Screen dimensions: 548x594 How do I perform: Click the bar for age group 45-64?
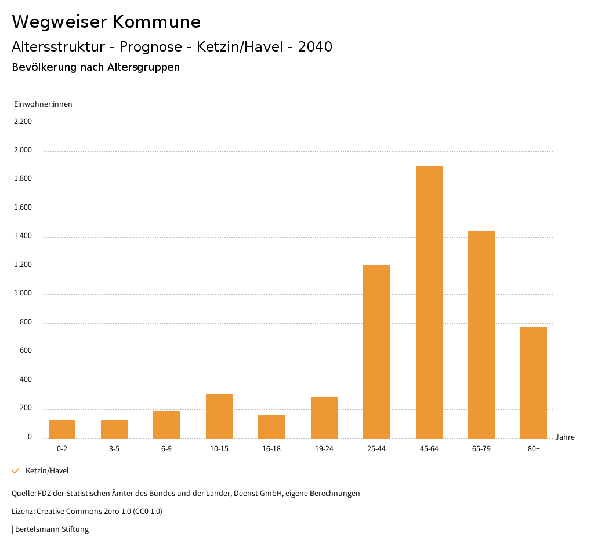pyautogui.click(x=429, y=302)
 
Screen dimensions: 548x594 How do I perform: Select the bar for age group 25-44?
pyautogui.click(x=376, y=352)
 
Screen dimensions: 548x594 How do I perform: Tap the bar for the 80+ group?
pyautogui.click(x=534, y=382)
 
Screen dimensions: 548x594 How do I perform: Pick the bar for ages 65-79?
pyautogui.click(x=481, y=334)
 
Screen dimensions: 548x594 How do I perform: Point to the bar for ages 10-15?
pyautogui.click(x=219, y=416)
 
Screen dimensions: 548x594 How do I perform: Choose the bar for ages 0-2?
pyautogui.click(x=62, y=429)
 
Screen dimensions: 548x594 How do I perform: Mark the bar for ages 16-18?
pyautogui.click(x=271, y=426)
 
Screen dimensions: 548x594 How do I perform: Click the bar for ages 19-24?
pyautogui.click(x=324, y=417)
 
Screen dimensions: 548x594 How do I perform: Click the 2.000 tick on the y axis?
pyautogui.click(x=23, y=151)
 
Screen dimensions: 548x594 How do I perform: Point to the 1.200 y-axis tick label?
pyautogui.click(x=23, y=265)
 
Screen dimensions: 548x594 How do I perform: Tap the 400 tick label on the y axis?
pyautogui.click(x=26, y=380)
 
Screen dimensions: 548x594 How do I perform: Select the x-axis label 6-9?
pyautogui.click(x=166, y=449)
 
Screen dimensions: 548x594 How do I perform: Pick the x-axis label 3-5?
pyautogui.click(x=114, y=449)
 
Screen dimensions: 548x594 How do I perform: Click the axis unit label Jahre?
pyautogui.click(x=565, y=437)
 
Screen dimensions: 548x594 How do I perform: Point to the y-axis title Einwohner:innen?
pyautogui.click(x=43, y=104)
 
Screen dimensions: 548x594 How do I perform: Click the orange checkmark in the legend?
pyautogui.click(x=16, y=471)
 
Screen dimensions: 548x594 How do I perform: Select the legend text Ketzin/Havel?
pyautogui.click(x=47, y=471)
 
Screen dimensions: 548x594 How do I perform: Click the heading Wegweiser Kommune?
pyautogui.click(x=106, y=22)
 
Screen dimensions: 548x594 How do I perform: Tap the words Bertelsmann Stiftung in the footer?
pyautogui.click(x=52, y=529)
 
